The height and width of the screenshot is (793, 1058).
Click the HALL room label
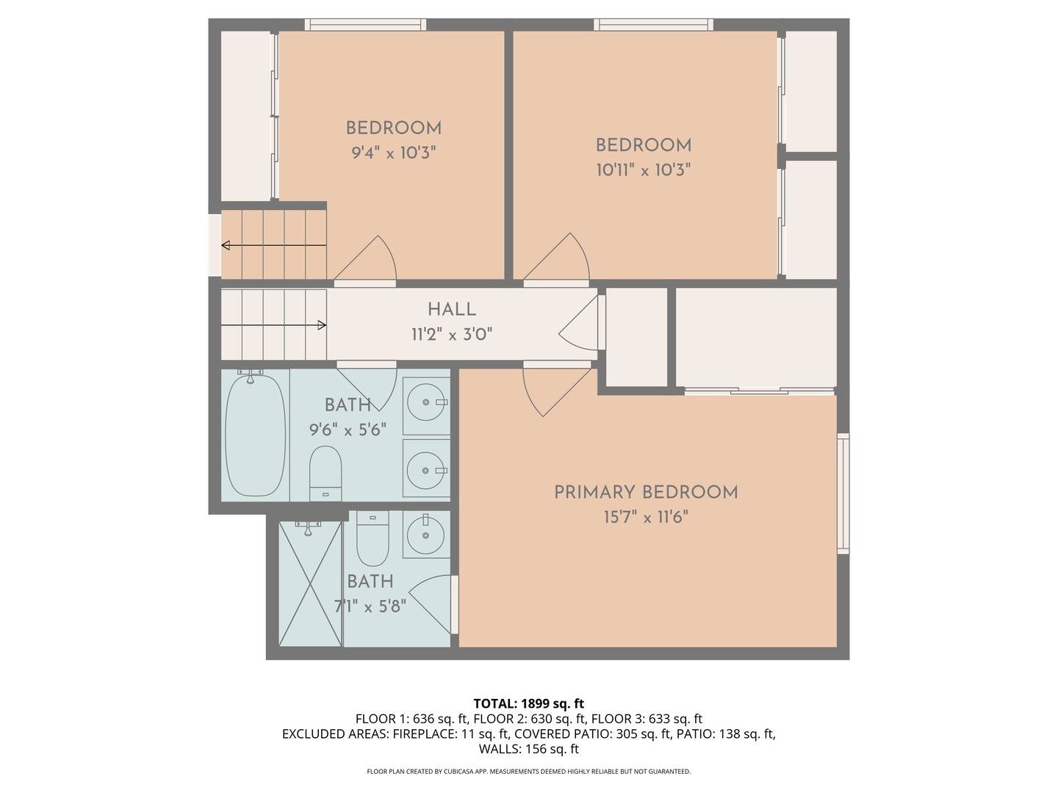[x=452, y=309]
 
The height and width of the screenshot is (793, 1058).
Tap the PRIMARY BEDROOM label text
[x=646, y=493]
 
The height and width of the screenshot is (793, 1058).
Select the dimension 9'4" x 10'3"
[x=393, y=153]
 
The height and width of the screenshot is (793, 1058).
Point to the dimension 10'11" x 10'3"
[x=644, y=170]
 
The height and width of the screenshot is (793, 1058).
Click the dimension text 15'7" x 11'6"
[x=646, y=518]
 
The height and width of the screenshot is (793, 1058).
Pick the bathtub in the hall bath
[x=255, y=435]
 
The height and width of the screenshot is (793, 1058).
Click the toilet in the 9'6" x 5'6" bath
[x=325, y=474]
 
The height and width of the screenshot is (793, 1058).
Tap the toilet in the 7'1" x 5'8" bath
[x=373, y=538]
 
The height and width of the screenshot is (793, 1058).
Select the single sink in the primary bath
[x=426, y=535]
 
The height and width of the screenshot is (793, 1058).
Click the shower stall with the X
[x=310, y=584]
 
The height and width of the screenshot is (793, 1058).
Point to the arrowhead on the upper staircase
[x=225, y=245]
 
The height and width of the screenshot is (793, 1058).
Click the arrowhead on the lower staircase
[x=322, y=325]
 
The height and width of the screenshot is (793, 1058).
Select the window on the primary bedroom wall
[x=843, y=493]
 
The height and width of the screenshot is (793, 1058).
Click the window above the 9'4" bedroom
[x=365, y=24]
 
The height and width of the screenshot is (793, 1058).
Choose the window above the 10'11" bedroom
[x=653, y=24]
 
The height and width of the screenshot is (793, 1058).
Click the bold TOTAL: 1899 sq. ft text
[x=529, y=703]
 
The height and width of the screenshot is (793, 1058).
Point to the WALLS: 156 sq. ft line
[x=529, y=749]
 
